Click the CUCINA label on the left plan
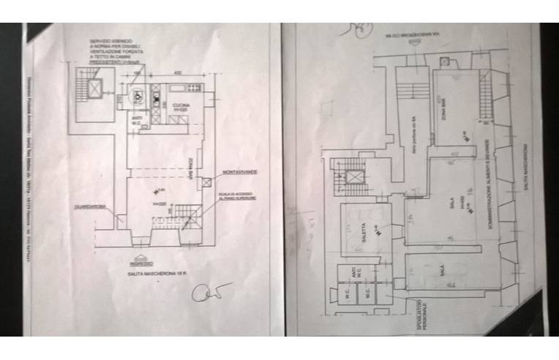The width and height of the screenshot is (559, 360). [181, 105]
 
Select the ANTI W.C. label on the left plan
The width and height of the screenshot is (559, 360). [137, 122]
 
